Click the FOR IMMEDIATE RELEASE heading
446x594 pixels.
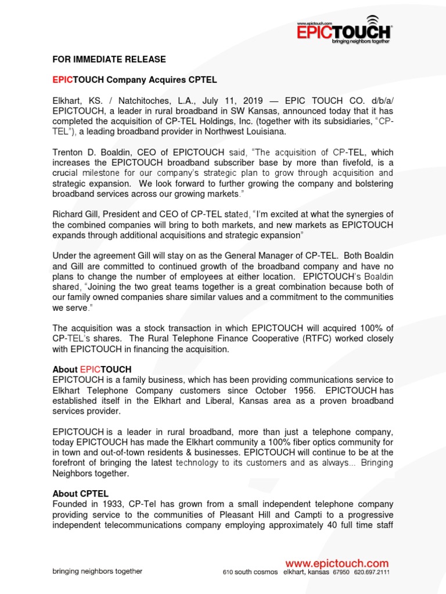point(109,60)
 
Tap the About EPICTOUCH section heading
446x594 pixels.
point(92,370)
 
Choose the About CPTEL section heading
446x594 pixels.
point(80,494)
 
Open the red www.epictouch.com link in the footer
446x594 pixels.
point(336,563)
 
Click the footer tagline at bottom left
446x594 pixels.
point(97,571)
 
